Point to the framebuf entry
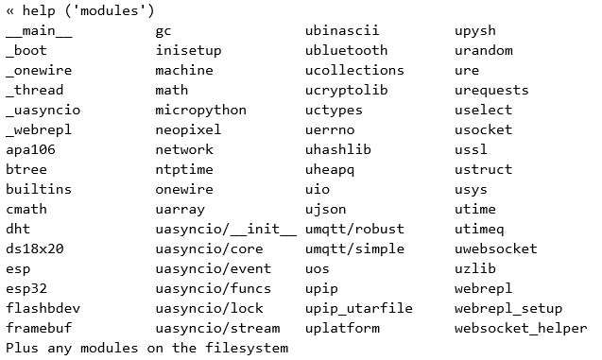click(39, 328)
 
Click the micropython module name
click(200, 110)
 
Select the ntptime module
click(184, 169)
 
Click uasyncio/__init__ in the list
click(226, 229)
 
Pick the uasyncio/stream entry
click(217, 328)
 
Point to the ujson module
click(326, 209)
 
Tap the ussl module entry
click(471, 149)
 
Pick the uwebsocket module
click(495, 249)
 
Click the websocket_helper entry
click(520, 328)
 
